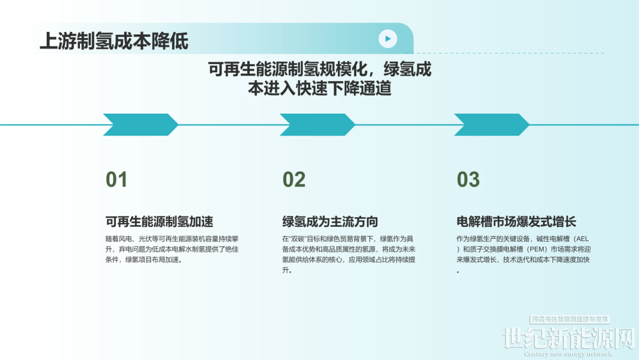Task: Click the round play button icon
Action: pos(388,38)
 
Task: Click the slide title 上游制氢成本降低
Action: pos(114,41)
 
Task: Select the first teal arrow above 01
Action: pos(141,125)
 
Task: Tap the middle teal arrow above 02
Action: pos(317,125)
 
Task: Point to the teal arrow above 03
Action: pos(492,125)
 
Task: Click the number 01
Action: pos(117,180)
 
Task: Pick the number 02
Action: pos(294,180)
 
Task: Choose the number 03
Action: pos(468,180)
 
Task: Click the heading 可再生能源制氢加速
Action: pos(159,222)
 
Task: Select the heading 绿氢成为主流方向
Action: pos(330,222)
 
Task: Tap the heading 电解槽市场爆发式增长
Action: pos(517,222)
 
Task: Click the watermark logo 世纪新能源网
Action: pos(569,339)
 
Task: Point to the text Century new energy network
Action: pos(568,354)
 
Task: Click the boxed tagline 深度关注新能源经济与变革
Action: pos(570,319)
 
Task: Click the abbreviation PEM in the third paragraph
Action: pos(538,249)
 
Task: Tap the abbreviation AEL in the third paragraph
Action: pos(582,239)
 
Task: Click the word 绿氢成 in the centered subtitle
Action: pos(408,69)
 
